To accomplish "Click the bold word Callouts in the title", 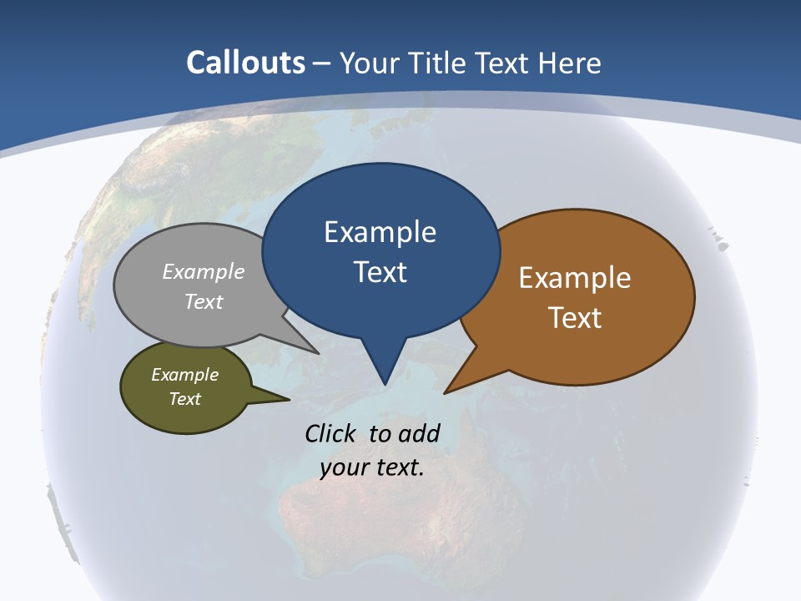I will pyautogui.click(x=246, y=63).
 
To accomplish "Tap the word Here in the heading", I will pyautogui.click(x=570, y=63).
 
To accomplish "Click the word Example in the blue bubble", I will pyautogui.click(x=380, y=232).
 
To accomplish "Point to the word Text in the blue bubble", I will pyautogui.click(x=380, y=271).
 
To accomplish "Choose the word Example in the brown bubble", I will pyautogui.click(x=575, y=278).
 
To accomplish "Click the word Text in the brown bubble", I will pyautogui.click(x=575, y=317).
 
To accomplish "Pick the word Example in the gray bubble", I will pyautogui.click(x=204, y=271).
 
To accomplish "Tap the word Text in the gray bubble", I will pyautogui.click(x=204, y=301).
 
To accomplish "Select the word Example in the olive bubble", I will pyautogui.click(x=184, y=375).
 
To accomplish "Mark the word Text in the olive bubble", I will pyautogui.click(x=184, y=399).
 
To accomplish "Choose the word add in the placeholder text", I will pyautogui.click(x=419, y=433).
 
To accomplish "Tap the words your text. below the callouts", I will pyautogui.click(x=372, y=467).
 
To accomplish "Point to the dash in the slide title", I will pyautogui.click(x=322, y=63).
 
